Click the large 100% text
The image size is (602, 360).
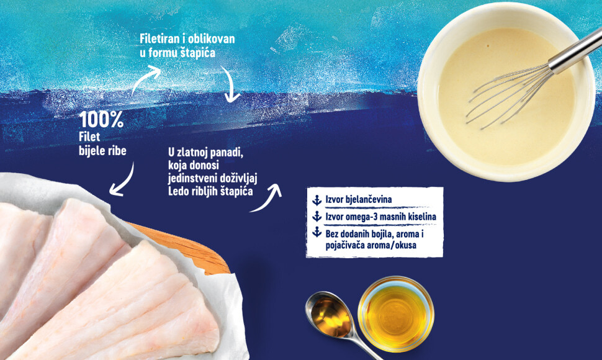click(101, 120)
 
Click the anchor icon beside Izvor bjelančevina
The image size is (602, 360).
click(317, 200)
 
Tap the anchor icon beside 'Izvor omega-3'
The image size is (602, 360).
click(317, 217)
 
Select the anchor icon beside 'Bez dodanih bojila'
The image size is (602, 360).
click(317, 232)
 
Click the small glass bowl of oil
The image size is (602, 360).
click(396, 314)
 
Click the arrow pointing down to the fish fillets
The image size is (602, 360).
click(124, 182)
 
